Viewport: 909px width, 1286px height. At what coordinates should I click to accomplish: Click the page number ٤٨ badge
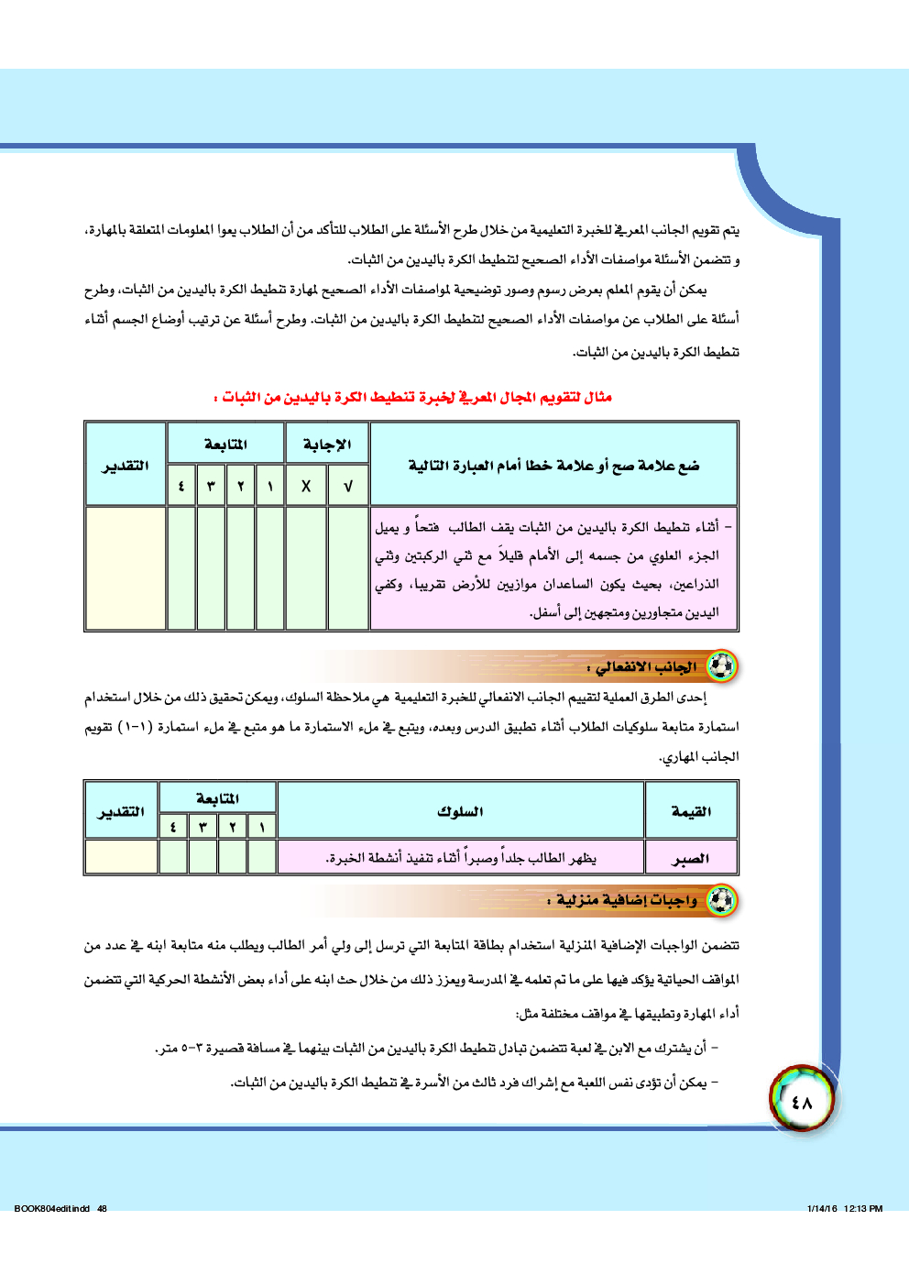pyautogui.click(x=803, y=1100)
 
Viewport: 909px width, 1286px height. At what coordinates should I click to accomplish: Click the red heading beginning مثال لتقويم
pyautogui.click(x=412, y=397)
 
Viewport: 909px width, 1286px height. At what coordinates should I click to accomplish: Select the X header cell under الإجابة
pyautogui.click(x=306, y=486)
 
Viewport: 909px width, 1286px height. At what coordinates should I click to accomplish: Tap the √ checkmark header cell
pyautogui.click(x=348, y=486)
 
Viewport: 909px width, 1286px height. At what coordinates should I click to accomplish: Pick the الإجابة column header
pyautogui.click(x=327, y=445)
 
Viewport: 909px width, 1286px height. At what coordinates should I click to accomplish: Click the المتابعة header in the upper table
pyautogui.click(x=225, y=445)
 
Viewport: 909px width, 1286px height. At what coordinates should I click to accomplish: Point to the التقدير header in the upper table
pyautogui.click(x=126, y=465)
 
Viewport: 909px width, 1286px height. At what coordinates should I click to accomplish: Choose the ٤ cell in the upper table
pyautogui.click(x=181, y=486)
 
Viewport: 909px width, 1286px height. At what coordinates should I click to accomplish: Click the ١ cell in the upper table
pyautogui.click(x=270, y=486)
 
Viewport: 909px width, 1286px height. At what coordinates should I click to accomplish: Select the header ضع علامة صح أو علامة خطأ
pyautogui.click(x=553, y=465)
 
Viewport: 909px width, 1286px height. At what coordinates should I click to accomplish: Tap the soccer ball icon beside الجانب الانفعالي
pyautogui.click(x=722, y=666)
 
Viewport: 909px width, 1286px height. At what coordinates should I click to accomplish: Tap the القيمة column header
pyautogui.click(x=691, y=811)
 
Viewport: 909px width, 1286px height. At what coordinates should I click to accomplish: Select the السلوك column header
pyautogui.click(x=460, y=811)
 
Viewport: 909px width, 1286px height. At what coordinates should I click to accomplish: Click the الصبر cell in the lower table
pyautogui.click(x=691, y=858)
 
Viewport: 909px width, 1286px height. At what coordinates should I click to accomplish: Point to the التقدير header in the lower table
pyautogui.click(x=121, y=811)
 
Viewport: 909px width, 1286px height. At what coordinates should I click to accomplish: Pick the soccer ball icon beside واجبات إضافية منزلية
pyautogui.click(x=722, y=900)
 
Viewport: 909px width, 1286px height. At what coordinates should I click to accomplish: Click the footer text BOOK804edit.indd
pyautogui.click(x=53, y=1208)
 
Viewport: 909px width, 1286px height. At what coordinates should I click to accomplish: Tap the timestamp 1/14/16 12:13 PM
pyautogui.click(x=845, y=1208)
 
